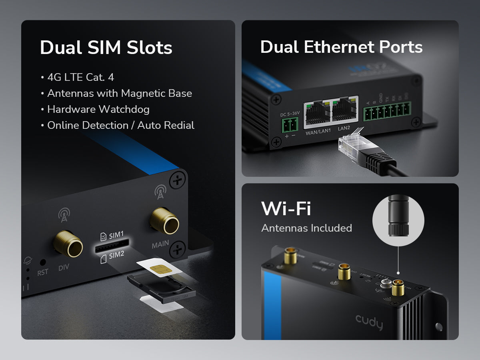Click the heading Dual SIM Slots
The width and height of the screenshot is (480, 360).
click(106, 48)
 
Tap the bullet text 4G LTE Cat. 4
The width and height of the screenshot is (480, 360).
click(80, 77)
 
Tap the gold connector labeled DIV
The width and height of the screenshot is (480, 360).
click(68, 243)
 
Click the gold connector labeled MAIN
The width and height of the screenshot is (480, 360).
click(164, 220)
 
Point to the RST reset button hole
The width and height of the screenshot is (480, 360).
click(42, 263)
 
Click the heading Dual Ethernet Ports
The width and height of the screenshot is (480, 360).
click(341, 47)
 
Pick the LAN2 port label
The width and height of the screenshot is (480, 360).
click(344, 128)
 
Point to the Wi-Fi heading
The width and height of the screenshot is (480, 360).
click(286, 209)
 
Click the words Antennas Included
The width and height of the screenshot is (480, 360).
click(306, 228)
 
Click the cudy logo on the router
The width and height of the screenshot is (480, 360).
click(369, 322)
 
